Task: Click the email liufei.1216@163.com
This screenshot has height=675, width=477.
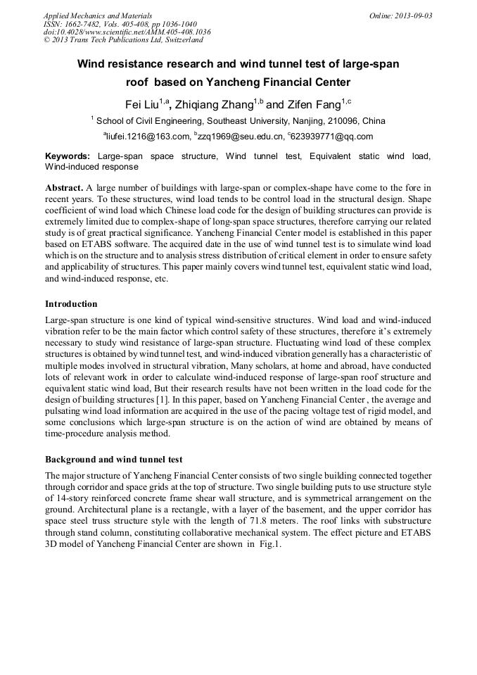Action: pyautogui.click(x=148, y=136)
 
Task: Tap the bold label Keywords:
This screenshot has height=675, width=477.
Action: pyautogui.click(x=68, y=156)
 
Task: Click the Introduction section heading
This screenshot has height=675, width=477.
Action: pyautogui.click(x=71, y=304)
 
